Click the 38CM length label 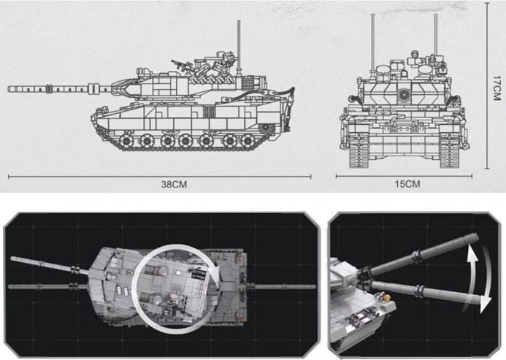pos(174,184)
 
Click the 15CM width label pos(407,184)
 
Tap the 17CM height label pos(497,88)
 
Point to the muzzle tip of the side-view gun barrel pos(9,89)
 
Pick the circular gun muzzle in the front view pos(403,95)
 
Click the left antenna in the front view pos(372,45)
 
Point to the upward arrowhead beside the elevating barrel pos(472,254)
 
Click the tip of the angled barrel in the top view pos(12,258)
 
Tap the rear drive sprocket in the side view pos(266,129)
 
